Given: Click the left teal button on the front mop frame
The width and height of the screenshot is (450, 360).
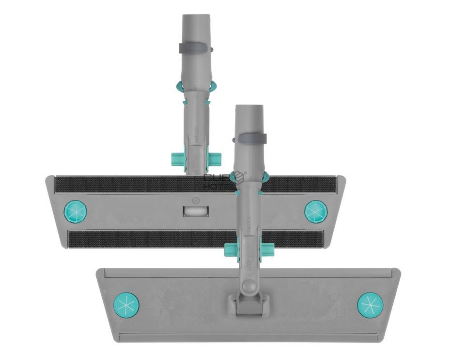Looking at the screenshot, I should point(126,305).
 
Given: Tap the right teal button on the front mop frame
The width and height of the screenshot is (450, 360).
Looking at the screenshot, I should point(370,305).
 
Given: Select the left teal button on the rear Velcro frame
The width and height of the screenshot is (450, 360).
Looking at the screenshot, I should point(76,212).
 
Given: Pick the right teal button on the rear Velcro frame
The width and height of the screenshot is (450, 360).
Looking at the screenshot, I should point(316,212).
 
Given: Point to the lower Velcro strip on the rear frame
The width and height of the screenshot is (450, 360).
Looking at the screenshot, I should point(145,239).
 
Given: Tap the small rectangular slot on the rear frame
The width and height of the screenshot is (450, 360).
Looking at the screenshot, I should point(196,211).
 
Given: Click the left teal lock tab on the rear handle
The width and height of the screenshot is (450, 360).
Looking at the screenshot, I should point(178,158).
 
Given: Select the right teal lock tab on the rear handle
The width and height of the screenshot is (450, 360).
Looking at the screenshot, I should point(215,158).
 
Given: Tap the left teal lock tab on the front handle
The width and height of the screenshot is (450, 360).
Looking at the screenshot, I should point(231,250).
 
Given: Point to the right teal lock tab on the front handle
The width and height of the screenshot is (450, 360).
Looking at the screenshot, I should point(267,250).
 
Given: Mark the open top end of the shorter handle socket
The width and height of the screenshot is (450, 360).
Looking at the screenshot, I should point(249,107).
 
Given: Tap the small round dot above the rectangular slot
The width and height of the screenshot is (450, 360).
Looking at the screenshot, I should point(195,200).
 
